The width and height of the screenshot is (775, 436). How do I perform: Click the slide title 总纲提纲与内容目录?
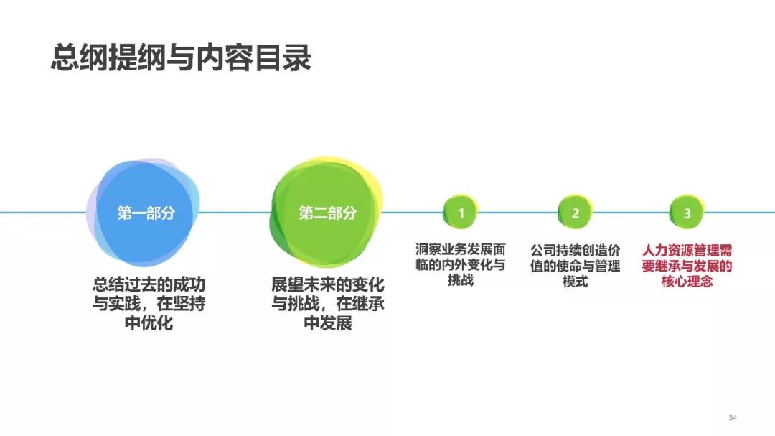pos(181,58)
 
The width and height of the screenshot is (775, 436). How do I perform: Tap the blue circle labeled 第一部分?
pos(144,213)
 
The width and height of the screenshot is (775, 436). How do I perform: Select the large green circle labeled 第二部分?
pos(327,213)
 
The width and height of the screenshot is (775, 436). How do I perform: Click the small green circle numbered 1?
pos(461,213)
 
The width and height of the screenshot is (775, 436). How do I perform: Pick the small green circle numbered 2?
pos(576,213)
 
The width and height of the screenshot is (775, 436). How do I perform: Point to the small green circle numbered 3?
pos(687,213)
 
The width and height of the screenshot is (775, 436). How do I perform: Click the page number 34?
pos(733,418)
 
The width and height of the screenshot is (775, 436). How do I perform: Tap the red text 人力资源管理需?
pos(687,251)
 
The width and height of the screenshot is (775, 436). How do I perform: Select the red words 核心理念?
pos(687,282)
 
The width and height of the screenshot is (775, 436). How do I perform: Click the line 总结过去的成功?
pos(149,284)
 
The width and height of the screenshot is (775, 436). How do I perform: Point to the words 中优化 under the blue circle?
pos(149,323)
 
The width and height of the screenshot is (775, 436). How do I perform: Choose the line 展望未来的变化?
pos(328,284)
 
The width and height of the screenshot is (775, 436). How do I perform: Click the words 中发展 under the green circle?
pos(328,323)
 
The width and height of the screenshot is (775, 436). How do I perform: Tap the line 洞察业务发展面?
pos(461,249)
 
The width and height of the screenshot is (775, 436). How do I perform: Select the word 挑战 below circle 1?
pos(461,280)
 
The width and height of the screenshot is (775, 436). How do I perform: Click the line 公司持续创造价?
pos(576,251)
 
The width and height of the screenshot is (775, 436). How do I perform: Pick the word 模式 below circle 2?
pos(576,282)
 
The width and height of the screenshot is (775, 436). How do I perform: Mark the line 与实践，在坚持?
pos(149,304)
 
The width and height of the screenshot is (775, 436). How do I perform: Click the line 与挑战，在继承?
pos(328,304)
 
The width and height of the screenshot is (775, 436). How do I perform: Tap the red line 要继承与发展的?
pos(687,266)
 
